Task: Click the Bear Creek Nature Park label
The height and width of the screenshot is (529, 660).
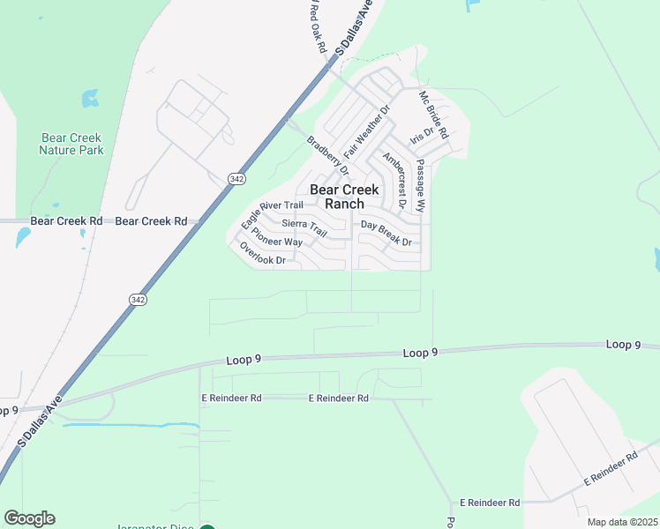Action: tap(71, 144)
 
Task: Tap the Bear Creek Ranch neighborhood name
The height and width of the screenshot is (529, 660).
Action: tap(343, 197)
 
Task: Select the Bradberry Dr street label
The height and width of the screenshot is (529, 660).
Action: tap(327, 154)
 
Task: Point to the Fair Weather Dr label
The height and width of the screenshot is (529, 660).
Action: tap(366, 132)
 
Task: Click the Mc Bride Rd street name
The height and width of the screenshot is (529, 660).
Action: tap(433, 115)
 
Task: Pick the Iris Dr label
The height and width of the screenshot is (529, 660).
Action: tap(422, 137)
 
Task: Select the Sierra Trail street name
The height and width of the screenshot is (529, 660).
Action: tap(305, 229)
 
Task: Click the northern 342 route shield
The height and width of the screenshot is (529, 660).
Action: tap(236, 178)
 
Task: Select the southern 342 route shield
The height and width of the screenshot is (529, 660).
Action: tap(137, 300)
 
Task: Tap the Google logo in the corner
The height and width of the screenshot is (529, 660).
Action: tap(29, 518)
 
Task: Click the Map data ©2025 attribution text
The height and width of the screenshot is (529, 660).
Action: tap(621, 522)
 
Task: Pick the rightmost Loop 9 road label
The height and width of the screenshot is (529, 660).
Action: tap(624, 345)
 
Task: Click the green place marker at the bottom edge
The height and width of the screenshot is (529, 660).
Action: tap(206, 528)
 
